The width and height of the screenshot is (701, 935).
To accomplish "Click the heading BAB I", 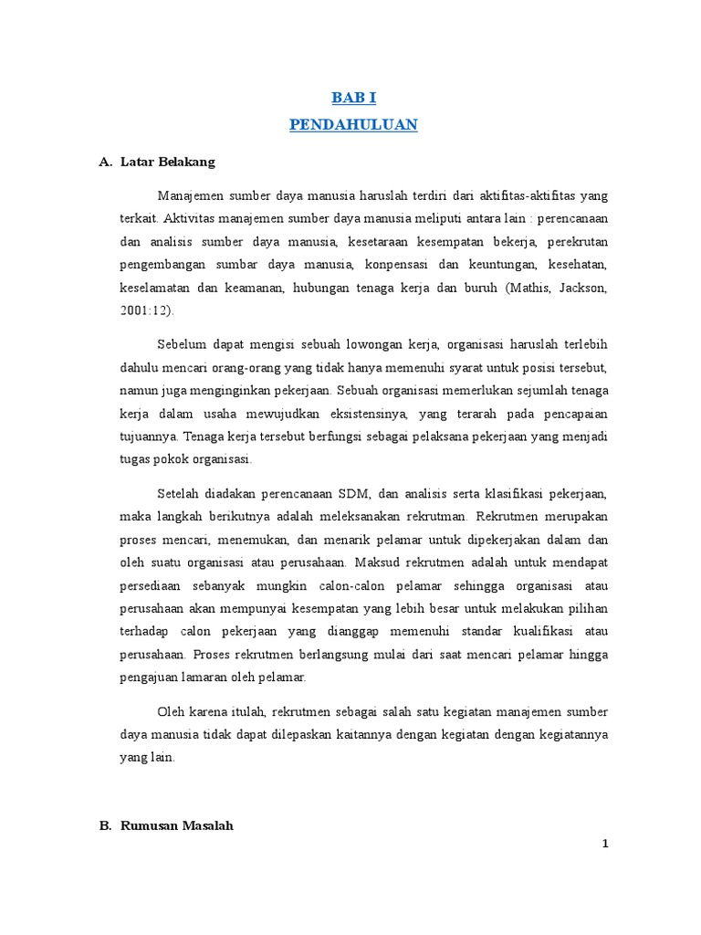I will pos(353,99).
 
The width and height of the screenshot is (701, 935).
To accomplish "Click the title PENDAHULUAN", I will pos(353,125).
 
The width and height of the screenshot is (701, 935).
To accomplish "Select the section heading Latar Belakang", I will pos(168,163).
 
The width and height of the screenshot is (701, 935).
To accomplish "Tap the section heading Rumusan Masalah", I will pos(177,825).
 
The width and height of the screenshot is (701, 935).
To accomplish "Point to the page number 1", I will pos(604,845).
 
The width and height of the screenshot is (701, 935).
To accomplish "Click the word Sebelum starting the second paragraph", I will pos(181,344).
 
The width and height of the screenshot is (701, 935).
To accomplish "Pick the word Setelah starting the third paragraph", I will pos(180,494).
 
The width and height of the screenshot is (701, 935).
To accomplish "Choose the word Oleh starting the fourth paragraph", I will pos(172,711).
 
